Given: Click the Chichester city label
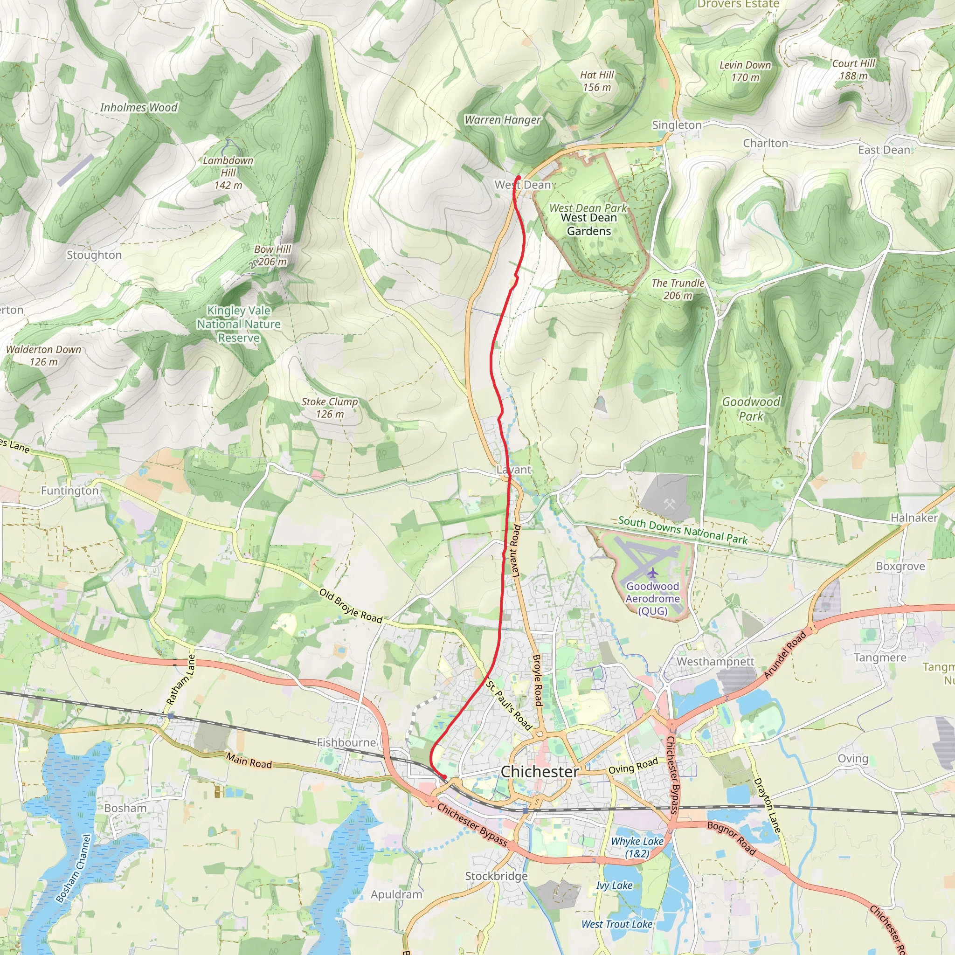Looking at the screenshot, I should [540, 772].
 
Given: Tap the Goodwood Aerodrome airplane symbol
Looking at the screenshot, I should [653, 574].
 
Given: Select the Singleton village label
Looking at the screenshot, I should [677, 125].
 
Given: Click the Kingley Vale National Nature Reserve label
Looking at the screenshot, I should [239, 324].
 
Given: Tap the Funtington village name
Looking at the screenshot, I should [69, 491].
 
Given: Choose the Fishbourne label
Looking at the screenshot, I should [346, 742].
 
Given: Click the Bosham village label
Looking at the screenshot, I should [125, 808].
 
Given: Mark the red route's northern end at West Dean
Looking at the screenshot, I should [518, 178].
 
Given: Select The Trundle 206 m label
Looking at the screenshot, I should [678, 289].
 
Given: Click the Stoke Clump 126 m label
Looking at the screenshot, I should [330, 408].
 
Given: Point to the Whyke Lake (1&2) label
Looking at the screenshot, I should [637, 847].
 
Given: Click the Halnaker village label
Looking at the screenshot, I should [914, 518].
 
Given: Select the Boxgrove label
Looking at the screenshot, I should [900, 566].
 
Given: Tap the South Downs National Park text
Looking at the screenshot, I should [683, 530].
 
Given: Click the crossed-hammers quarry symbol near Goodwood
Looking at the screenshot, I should [669, 504].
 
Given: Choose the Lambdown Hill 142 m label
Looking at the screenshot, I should [228, 173].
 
